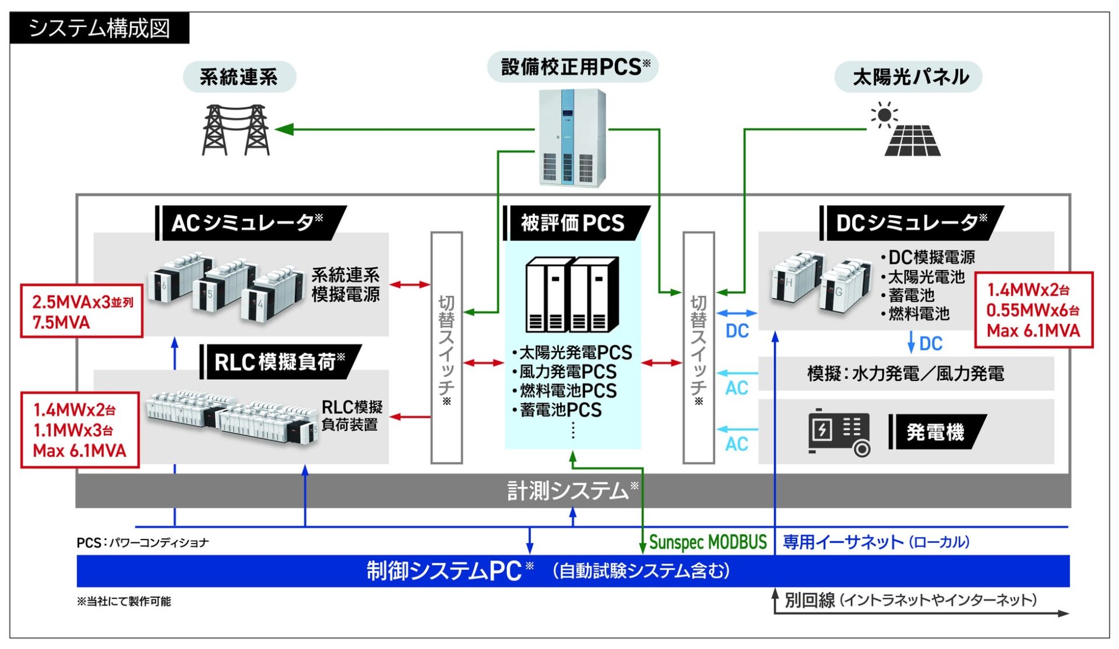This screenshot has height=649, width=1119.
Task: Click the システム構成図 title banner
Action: click(99, 28)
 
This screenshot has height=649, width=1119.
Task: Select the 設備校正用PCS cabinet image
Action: click(572, 137)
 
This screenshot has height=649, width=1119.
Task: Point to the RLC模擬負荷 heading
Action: click(280, 362)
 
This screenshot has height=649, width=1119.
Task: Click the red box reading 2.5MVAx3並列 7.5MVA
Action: click(82, 311)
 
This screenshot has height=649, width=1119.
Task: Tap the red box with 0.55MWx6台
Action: click(1033, 310)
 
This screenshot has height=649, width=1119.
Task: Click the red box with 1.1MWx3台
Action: click(80, 430)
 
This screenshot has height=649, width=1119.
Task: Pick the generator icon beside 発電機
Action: click(839, 432)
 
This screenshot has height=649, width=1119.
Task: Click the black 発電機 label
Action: click(935, 432)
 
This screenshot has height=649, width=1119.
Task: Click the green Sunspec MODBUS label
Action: click(708, 542)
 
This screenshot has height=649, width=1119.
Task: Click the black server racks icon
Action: click(572, 295)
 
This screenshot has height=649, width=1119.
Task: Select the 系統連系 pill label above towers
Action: click(239, 77)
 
